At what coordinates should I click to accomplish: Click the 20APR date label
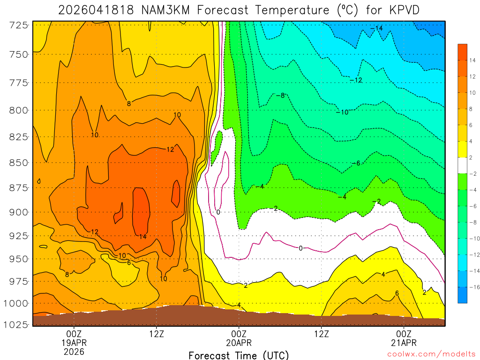click(239, 343)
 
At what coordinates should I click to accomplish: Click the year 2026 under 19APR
click(74, 351)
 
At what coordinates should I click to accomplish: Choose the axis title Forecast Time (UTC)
click(239, 355)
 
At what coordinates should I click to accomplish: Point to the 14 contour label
click(142, 237)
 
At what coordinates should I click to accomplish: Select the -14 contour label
click(376, 29)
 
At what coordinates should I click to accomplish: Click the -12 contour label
click(356, 81)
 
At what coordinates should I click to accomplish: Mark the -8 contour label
click(280, 95)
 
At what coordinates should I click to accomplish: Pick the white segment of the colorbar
click(463, 165)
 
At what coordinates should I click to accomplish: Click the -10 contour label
click(342, 112)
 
